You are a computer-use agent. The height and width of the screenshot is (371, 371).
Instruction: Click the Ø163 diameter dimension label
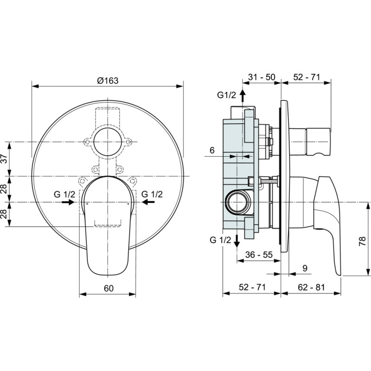point(108,81)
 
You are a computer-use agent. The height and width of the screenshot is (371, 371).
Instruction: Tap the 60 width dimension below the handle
point(109,288)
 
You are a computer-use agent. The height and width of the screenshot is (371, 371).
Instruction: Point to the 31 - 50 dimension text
point(262,77)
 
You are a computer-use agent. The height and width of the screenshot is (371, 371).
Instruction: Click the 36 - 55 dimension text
point(259,255)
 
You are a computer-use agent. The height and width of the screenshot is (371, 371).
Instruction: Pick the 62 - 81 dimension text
point(311,287)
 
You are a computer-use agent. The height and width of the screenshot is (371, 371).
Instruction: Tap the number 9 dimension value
point(305,268)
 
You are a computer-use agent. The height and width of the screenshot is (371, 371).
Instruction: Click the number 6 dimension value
point(212,150)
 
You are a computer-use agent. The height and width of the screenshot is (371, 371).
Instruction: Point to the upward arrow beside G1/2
point(243,96)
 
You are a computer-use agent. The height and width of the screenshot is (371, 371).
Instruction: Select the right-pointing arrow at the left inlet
point(68,202)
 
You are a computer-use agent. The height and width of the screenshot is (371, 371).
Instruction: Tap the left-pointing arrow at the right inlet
point(148,202)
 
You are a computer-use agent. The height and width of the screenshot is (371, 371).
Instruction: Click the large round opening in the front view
point(108,141)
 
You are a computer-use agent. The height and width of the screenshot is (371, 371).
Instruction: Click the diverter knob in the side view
point(318,141)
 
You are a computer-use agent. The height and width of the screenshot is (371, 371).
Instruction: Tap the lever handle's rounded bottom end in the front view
point(108,269)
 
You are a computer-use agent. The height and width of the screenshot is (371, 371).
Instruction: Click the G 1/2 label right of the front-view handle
point(152,194)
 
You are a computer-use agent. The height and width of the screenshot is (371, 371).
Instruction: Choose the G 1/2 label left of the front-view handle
point(64,194)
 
